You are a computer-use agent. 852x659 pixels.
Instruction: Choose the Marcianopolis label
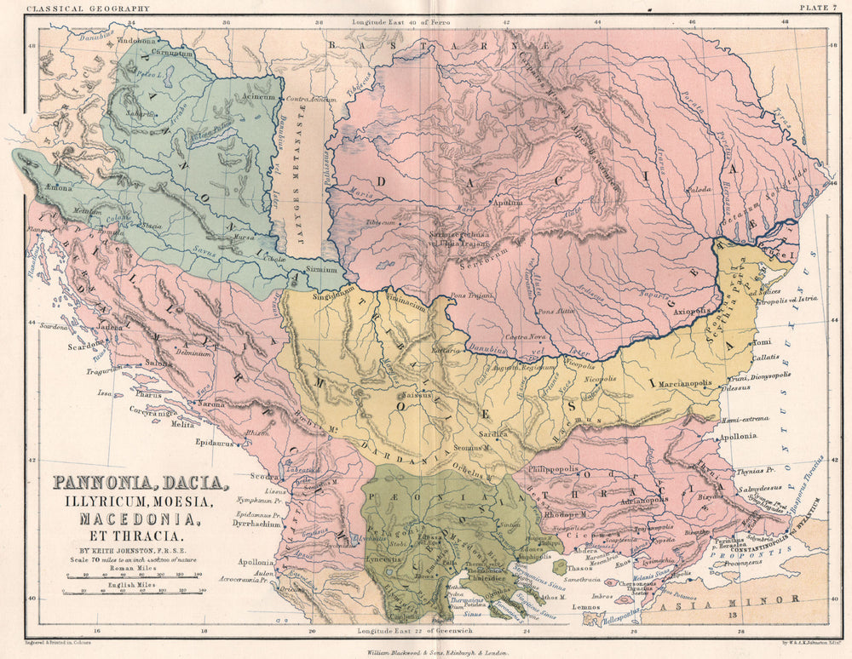[685, 383]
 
